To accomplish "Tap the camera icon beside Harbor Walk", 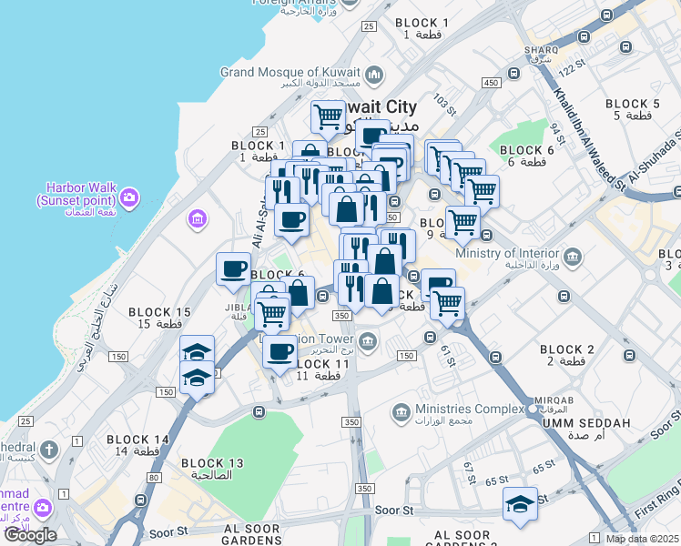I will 129,197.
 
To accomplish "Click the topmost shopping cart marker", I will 328,116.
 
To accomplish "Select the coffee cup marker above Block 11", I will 280,350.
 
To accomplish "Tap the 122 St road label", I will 570,69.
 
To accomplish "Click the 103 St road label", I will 443,99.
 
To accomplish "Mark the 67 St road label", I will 469,472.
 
